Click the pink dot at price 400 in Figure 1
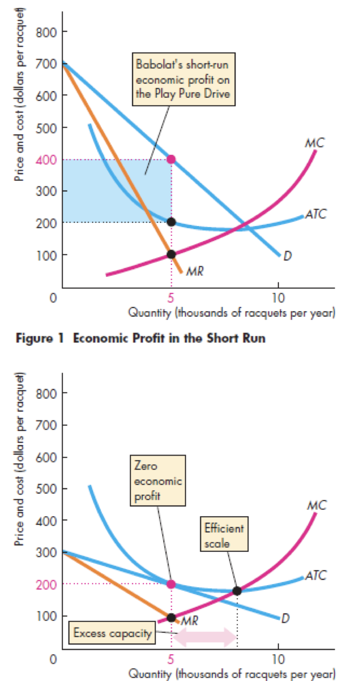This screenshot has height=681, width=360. (x=171, y=159)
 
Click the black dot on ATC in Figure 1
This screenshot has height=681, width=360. (x=171, y=222)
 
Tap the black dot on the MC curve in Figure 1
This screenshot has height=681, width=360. (x=171, y=254)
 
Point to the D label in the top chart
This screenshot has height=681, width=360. (x=286, y=256)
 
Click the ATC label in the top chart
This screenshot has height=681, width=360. (x=316, y=215)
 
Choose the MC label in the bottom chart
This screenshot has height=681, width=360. (x=317, y=506)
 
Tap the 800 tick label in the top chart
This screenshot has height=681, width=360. (x=44, y=32)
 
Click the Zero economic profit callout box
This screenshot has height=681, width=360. (x=158, y=480)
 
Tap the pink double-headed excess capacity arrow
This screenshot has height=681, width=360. (x=205, y=636)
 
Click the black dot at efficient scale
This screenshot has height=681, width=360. (x=237, y=591)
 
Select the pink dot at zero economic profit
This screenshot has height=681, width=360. (x=171, y=584)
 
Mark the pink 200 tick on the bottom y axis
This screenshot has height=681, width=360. (x=44, y=584)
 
